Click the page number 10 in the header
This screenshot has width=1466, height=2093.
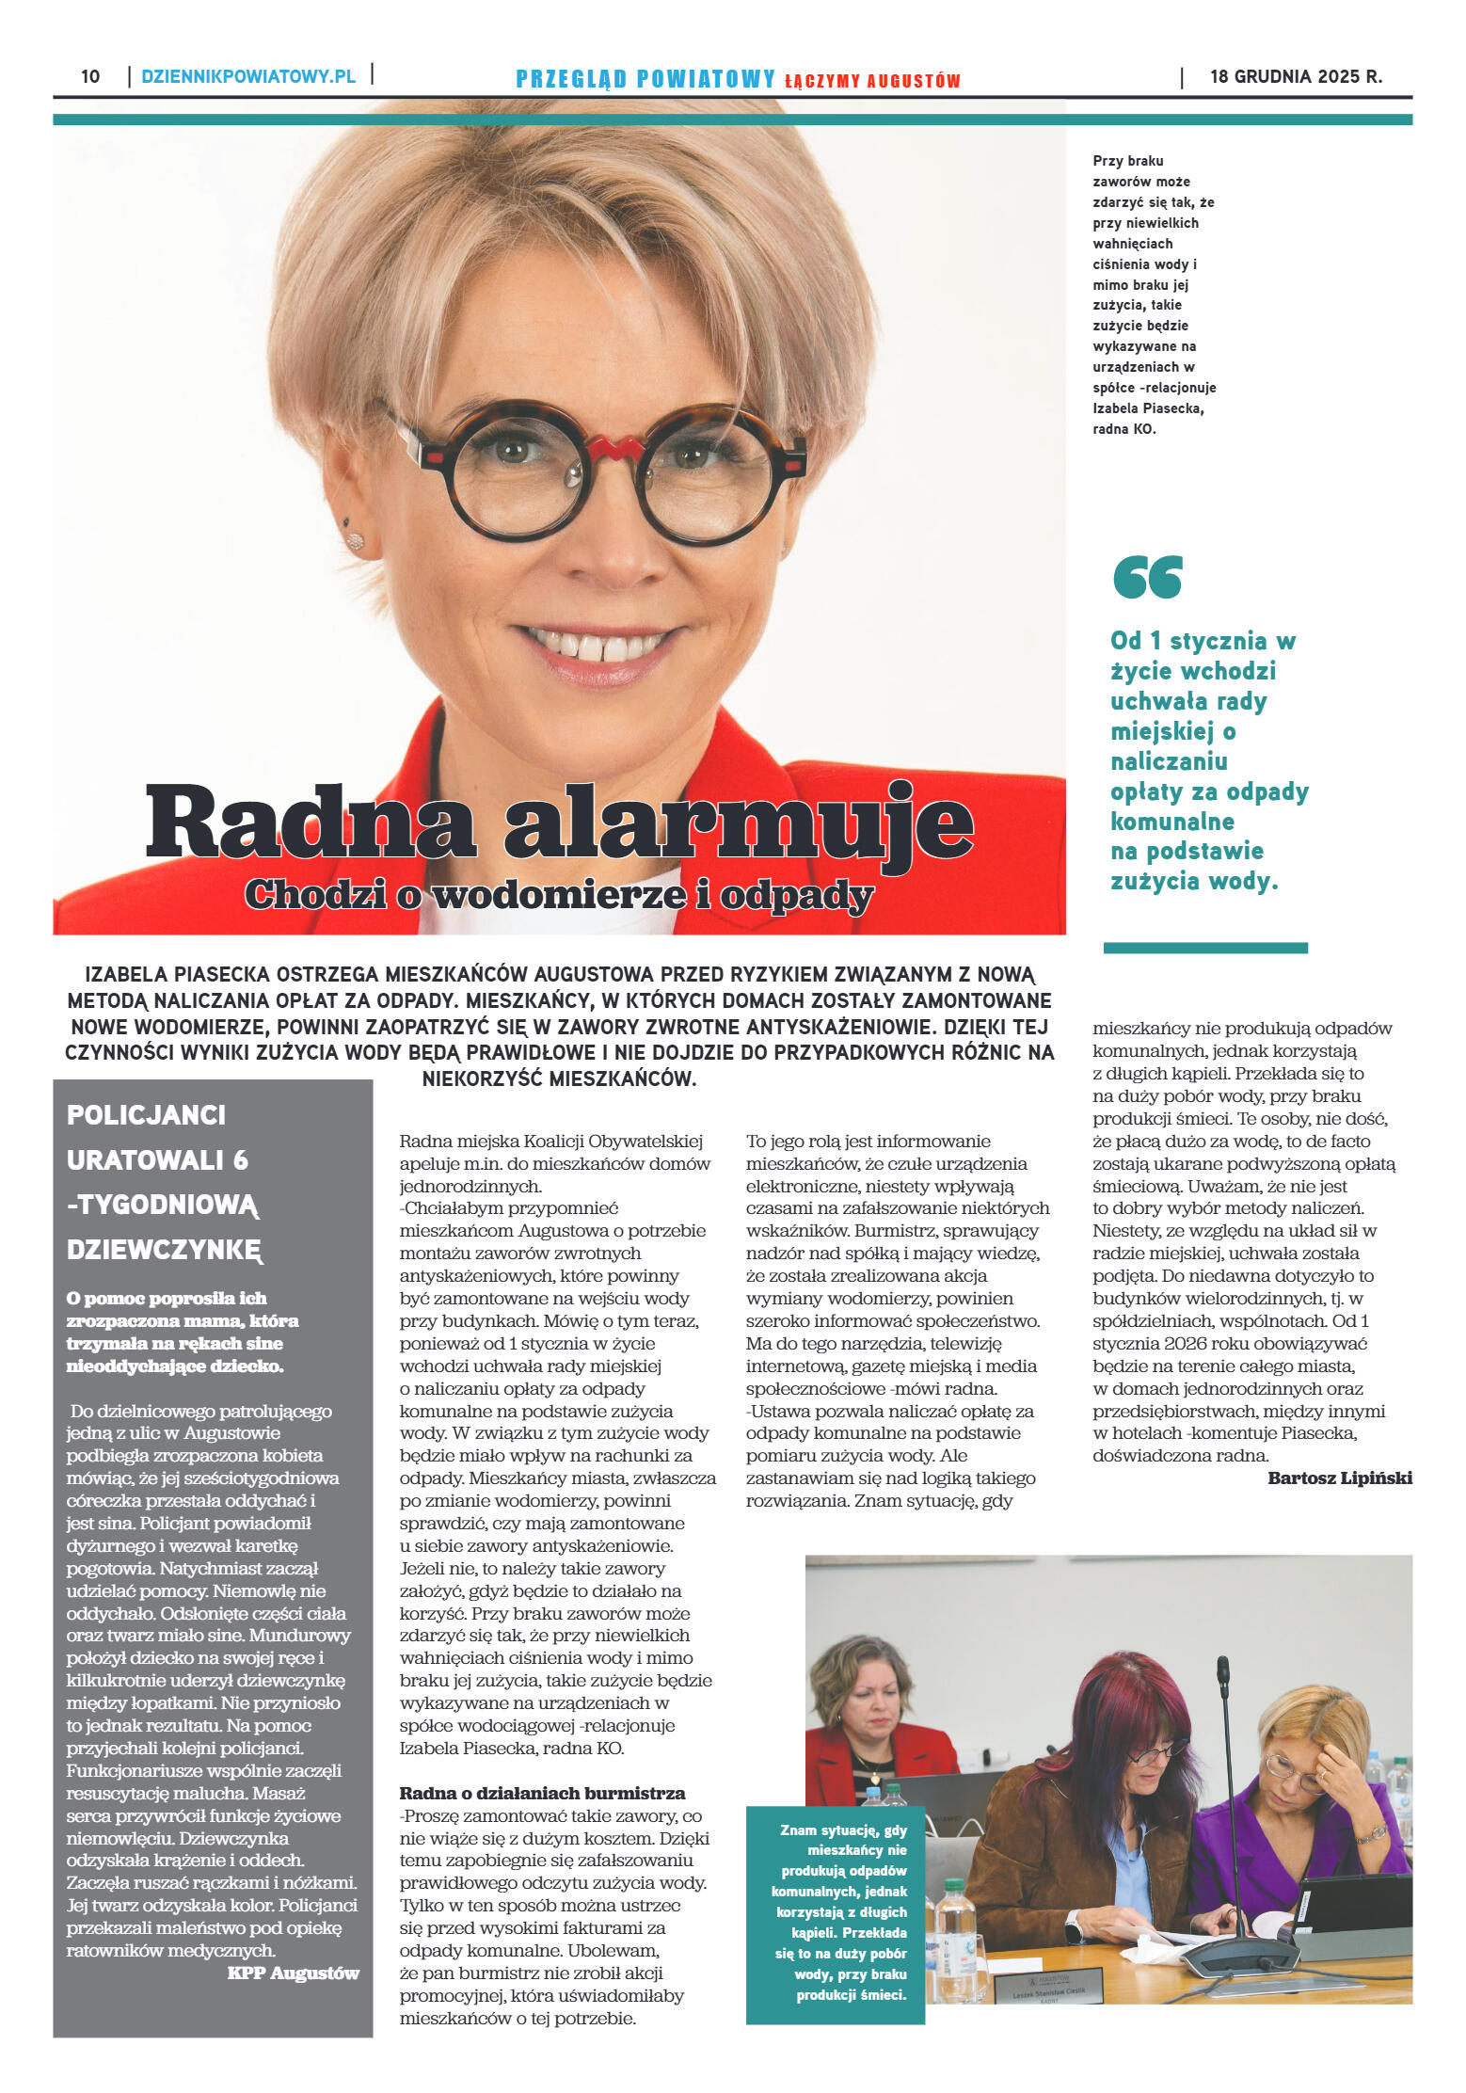click(90, 76)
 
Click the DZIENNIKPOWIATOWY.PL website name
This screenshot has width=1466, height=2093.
click(248, 76)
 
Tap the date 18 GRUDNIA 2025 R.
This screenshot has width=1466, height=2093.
click(1296, 76)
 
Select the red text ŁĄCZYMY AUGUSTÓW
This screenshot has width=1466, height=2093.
click(872, 81)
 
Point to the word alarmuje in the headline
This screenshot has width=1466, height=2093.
click(739, 822)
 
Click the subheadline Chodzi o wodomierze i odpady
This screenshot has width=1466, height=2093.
click(559, 894)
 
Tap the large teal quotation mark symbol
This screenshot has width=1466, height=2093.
click(1147, 576)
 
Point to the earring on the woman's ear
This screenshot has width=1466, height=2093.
click(355, 539)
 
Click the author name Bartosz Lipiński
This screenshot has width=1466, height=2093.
click(1339, 1478)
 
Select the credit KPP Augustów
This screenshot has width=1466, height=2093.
click(293, 1973)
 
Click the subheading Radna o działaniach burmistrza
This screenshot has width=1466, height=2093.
click(542, 1793)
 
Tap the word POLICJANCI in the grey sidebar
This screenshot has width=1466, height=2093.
click(146, 1115)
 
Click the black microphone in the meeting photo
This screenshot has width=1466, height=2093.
click(1225, 1769)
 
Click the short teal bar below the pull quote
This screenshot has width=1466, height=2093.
click(1205, 948)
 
